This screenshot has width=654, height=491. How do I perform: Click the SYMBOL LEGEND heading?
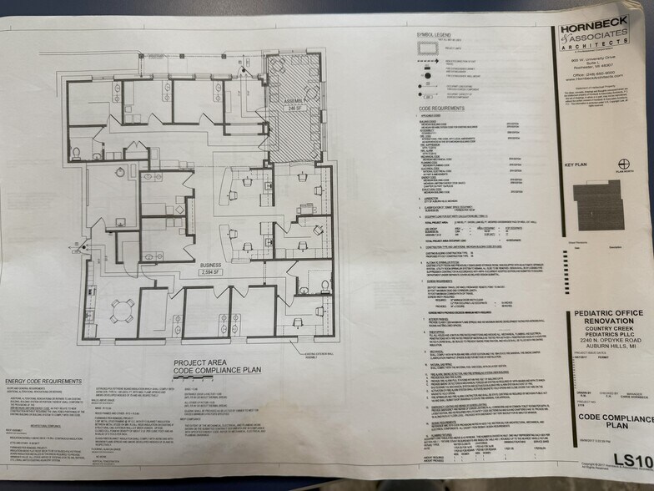(435, 35)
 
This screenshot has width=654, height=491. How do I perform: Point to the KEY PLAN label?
(576, 166)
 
